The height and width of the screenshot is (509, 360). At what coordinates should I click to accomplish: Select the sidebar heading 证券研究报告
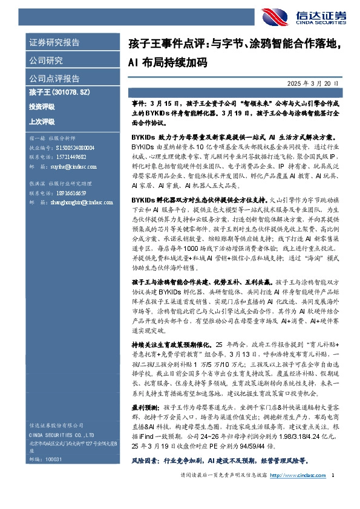(54, 43)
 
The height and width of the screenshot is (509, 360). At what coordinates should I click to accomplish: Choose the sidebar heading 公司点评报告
(54, 79)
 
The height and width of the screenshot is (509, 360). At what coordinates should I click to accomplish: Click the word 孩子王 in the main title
(143, 44)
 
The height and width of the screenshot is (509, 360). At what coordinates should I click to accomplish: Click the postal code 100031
(53, 459)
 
